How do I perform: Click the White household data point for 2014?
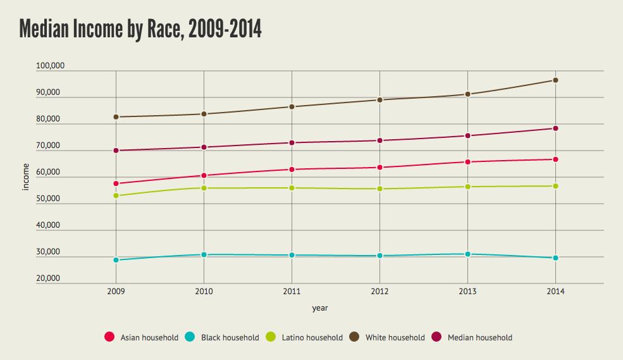point(555,80)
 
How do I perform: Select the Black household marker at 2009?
point(116,260)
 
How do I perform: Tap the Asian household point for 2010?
point(204,175)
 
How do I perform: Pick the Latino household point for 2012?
point(379,189)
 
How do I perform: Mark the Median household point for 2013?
point(467,136)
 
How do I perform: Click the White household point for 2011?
point(292,107)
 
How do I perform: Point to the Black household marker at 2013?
point(467,254)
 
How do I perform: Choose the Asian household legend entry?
point(142,337)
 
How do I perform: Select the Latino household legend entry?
point(306,337)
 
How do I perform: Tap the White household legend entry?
point(388,337)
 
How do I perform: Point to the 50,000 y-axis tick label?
point(47,199)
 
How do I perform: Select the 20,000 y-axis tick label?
point(47,278)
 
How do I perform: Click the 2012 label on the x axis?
point(379,292)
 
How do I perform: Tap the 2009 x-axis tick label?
point(116,292)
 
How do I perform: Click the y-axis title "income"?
point(26,178)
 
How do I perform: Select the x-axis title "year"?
point(320,308)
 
